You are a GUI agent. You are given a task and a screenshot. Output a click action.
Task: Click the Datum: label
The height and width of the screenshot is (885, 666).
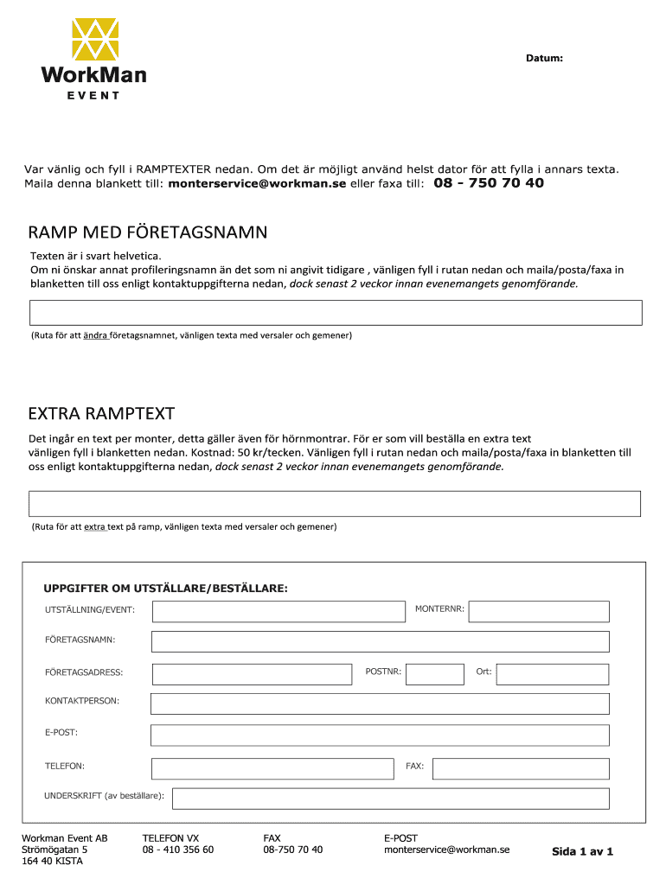544,58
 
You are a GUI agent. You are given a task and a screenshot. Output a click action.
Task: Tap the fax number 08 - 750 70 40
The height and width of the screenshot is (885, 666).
489,183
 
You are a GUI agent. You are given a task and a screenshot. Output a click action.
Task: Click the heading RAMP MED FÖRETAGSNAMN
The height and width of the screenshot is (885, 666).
148,232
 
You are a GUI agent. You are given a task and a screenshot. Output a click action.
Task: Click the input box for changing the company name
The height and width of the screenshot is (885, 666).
336,312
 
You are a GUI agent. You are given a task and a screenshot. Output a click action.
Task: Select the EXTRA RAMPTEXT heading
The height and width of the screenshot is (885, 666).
101,413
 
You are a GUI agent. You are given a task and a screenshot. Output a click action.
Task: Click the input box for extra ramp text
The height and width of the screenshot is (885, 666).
335,503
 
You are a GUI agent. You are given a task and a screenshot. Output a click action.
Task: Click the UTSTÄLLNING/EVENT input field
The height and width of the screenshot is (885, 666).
279,612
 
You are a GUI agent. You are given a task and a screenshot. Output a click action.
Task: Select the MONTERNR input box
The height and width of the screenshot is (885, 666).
539,612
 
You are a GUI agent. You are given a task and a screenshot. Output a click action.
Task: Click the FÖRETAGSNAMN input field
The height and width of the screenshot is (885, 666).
380,641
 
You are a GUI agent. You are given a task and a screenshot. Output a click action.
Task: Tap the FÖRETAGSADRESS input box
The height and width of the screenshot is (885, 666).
252,674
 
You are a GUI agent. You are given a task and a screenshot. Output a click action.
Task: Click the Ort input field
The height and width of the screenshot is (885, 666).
553,674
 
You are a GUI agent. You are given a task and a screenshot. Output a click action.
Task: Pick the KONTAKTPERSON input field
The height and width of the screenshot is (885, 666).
380,704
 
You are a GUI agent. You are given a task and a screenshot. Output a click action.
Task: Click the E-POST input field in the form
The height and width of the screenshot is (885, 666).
380,735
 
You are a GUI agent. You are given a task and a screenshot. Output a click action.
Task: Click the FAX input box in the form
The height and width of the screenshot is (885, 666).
521,768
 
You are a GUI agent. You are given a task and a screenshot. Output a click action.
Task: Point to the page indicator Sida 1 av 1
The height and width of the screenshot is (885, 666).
582,852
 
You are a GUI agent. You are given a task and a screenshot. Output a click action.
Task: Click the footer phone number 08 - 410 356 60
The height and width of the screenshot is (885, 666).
178,850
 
